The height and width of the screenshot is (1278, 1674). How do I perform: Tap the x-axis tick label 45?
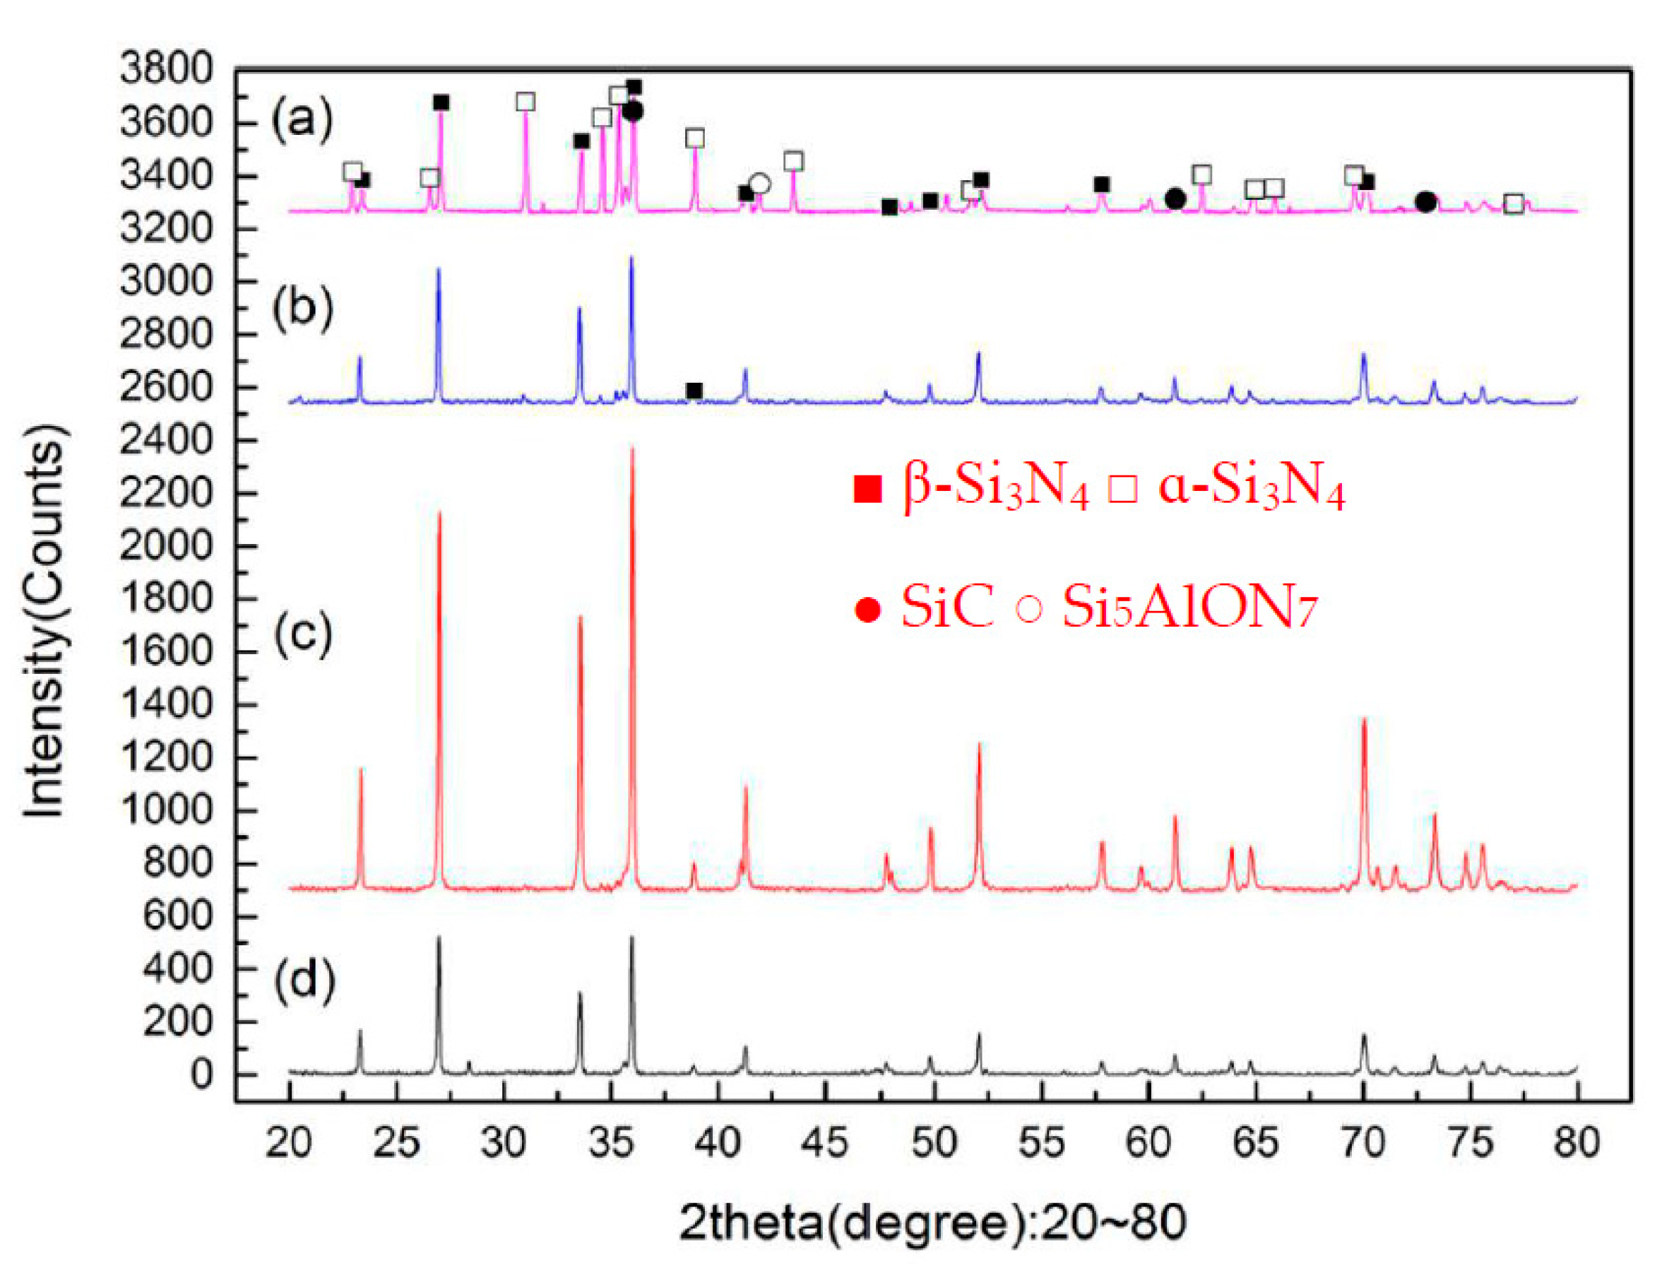point(825,1143)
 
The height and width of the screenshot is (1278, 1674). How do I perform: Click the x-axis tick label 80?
point(1577,1143)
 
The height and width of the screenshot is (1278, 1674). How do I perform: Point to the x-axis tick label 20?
point(289,1143)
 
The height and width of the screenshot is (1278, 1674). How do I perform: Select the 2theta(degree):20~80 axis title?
point(932,1222)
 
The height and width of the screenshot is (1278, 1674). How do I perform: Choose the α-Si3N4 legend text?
point(1252,487)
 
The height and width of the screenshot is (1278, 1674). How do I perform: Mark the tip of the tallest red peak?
point(631,449)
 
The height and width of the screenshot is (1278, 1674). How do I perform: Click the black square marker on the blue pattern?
point(694,391)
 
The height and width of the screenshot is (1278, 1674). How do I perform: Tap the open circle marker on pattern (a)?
point(759,184)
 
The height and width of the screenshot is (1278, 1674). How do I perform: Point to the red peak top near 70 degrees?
point(1364,720)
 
